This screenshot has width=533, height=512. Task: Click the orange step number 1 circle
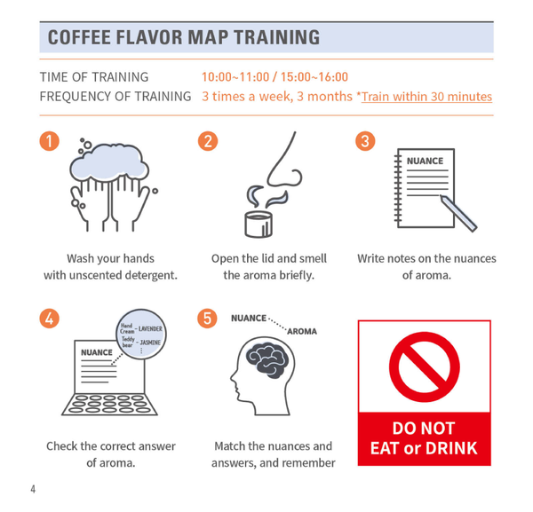[49, 141]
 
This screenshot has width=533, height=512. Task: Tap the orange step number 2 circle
[208, 141]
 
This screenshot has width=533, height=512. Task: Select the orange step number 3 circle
[365, 141]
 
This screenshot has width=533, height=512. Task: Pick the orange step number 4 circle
[49, 319]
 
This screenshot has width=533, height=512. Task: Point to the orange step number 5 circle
[207, 319]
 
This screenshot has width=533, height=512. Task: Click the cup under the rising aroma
[259, 224]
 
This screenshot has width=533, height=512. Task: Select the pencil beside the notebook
[458, 213]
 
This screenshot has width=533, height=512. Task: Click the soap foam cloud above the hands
[108, 162]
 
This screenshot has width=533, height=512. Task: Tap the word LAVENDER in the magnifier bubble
[150, 328]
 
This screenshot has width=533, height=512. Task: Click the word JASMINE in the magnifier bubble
[150, 343]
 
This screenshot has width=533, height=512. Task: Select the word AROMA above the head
[302, 331]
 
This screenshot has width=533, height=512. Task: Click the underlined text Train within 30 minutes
[426, 97]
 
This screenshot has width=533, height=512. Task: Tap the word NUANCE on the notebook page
[425, 161]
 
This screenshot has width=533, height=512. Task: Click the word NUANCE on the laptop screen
[97, 352]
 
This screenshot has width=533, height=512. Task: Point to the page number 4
[33, 489]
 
